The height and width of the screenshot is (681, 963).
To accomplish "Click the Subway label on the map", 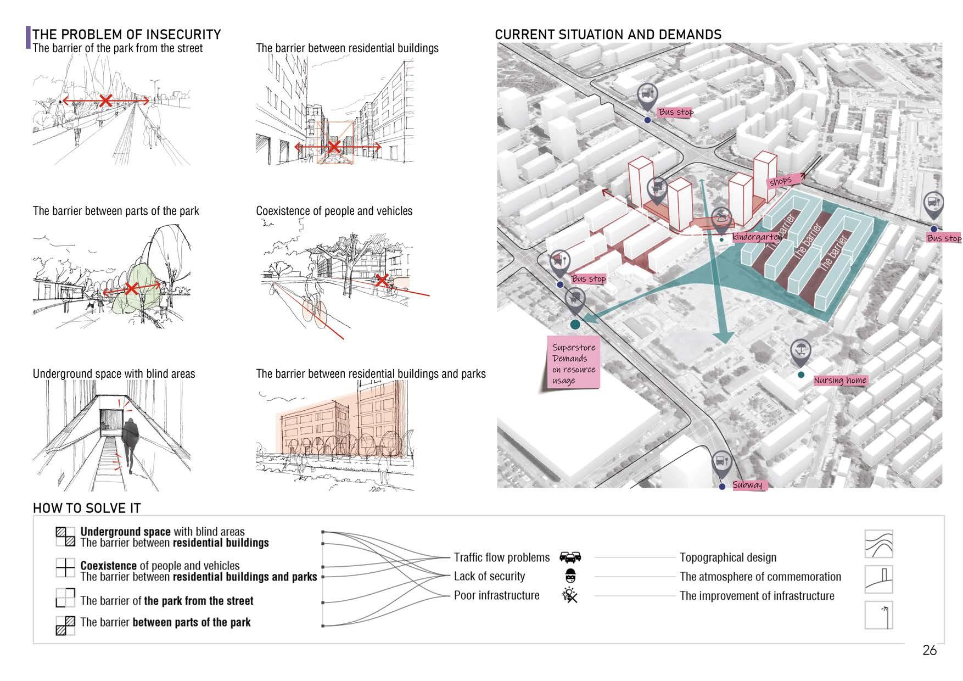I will click(x=747, y=485).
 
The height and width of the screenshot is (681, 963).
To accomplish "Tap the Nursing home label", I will click(x=839, y=380).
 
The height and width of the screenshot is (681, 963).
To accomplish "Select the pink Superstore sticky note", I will click(x=574, y=364).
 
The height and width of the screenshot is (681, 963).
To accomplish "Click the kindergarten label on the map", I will click(x=756, y=237).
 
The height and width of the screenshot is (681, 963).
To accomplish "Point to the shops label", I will click(x=780, y=181).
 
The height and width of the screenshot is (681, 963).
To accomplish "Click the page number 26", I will click(x=929, y=650).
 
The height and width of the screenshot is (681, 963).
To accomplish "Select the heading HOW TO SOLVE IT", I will click(x=87, y=508).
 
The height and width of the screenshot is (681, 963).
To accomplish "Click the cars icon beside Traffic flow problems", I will click(x=570, y=558).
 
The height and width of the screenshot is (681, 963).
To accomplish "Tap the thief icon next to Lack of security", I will click(x=570, y=577).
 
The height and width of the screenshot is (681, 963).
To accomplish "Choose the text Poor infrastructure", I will click(x=496, y=595).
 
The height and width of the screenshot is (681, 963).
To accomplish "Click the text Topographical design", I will click(x=727, y=557).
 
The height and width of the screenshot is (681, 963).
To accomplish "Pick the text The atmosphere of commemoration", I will click(x=760, y=577).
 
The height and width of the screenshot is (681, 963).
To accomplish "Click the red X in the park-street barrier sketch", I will click(x=105, y=101).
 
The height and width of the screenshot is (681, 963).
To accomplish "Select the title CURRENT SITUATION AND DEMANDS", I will click(x=608, y=35).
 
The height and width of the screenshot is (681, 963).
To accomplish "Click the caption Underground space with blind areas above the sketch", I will click(x=114, y=374).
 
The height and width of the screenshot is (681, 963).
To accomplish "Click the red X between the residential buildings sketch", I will click(x=334, y=147).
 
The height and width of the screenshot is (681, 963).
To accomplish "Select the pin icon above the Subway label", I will click(x=721, y=463).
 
